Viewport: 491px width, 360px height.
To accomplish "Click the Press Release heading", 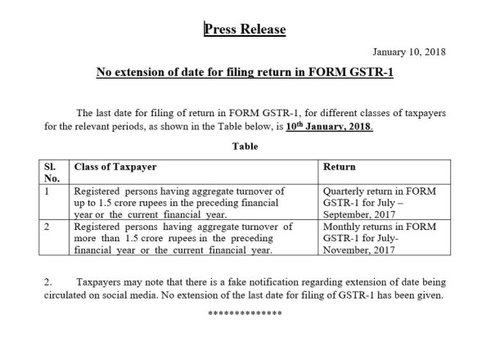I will [x=245, y=30].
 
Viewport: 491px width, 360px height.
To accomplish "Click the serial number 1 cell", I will [x=48, y=191].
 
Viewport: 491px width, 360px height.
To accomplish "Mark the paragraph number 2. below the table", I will [x=48, y=281].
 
